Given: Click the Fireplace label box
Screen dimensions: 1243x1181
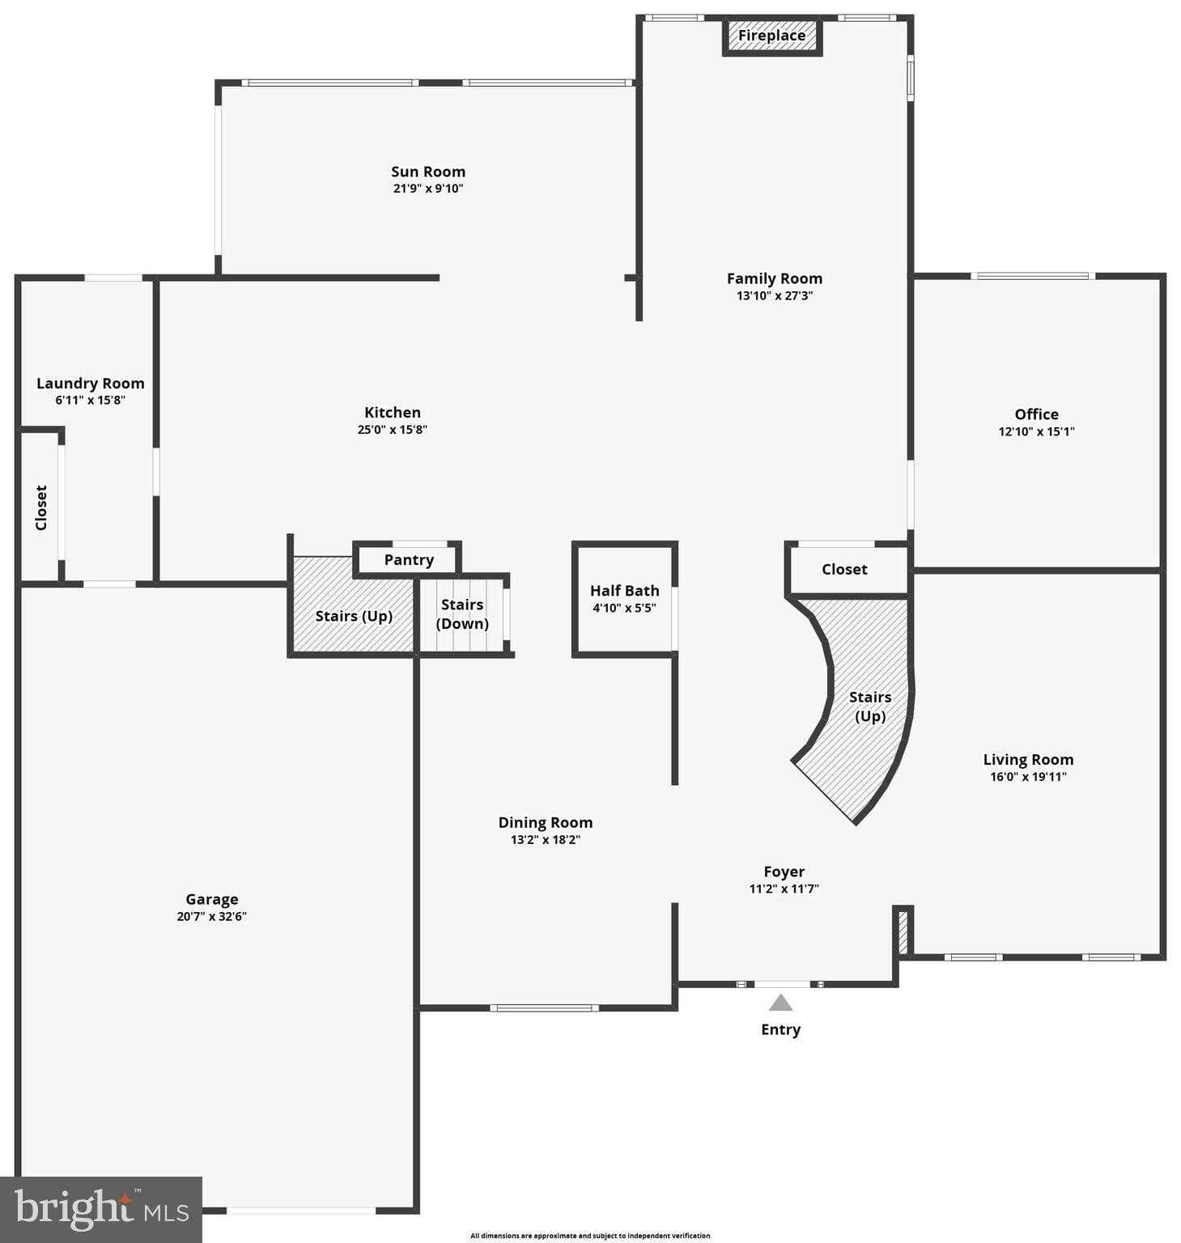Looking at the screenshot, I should (771, 36).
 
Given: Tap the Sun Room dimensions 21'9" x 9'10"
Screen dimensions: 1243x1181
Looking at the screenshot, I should (427, 189).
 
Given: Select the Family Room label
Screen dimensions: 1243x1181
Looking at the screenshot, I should (774, 278).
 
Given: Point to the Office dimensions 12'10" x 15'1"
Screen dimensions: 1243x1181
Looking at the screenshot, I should (1036, 431).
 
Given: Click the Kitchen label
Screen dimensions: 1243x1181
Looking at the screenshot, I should (392, 413).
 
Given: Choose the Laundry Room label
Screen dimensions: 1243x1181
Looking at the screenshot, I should (90, 384).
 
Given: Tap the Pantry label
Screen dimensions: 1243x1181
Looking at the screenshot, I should (409, 560).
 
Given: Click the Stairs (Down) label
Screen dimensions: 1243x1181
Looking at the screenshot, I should (462, 614).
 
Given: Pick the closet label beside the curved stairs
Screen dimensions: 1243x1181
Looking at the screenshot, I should (844, 570).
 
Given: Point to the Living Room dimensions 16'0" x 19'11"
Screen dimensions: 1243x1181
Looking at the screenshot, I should (1028, 777).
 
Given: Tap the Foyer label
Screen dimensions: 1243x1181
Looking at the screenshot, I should (784, 872).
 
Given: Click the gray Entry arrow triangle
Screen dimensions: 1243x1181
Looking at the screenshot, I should (780, 1003).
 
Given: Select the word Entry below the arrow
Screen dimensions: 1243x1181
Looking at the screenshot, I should (780, 1029).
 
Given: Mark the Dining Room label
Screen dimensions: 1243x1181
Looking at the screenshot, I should (545, 823).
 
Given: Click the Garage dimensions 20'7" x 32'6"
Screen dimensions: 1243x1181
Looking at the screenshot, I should (211, 917).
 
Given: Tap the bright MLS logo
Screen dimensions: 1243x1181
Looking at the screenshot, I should (100, 1210).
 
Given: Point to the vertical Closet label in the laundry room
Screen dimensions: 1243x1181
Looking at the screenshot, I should (41, 508).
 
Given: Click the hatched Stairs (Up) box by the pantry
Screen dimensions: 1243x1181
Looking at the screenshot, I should (353, 616).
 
